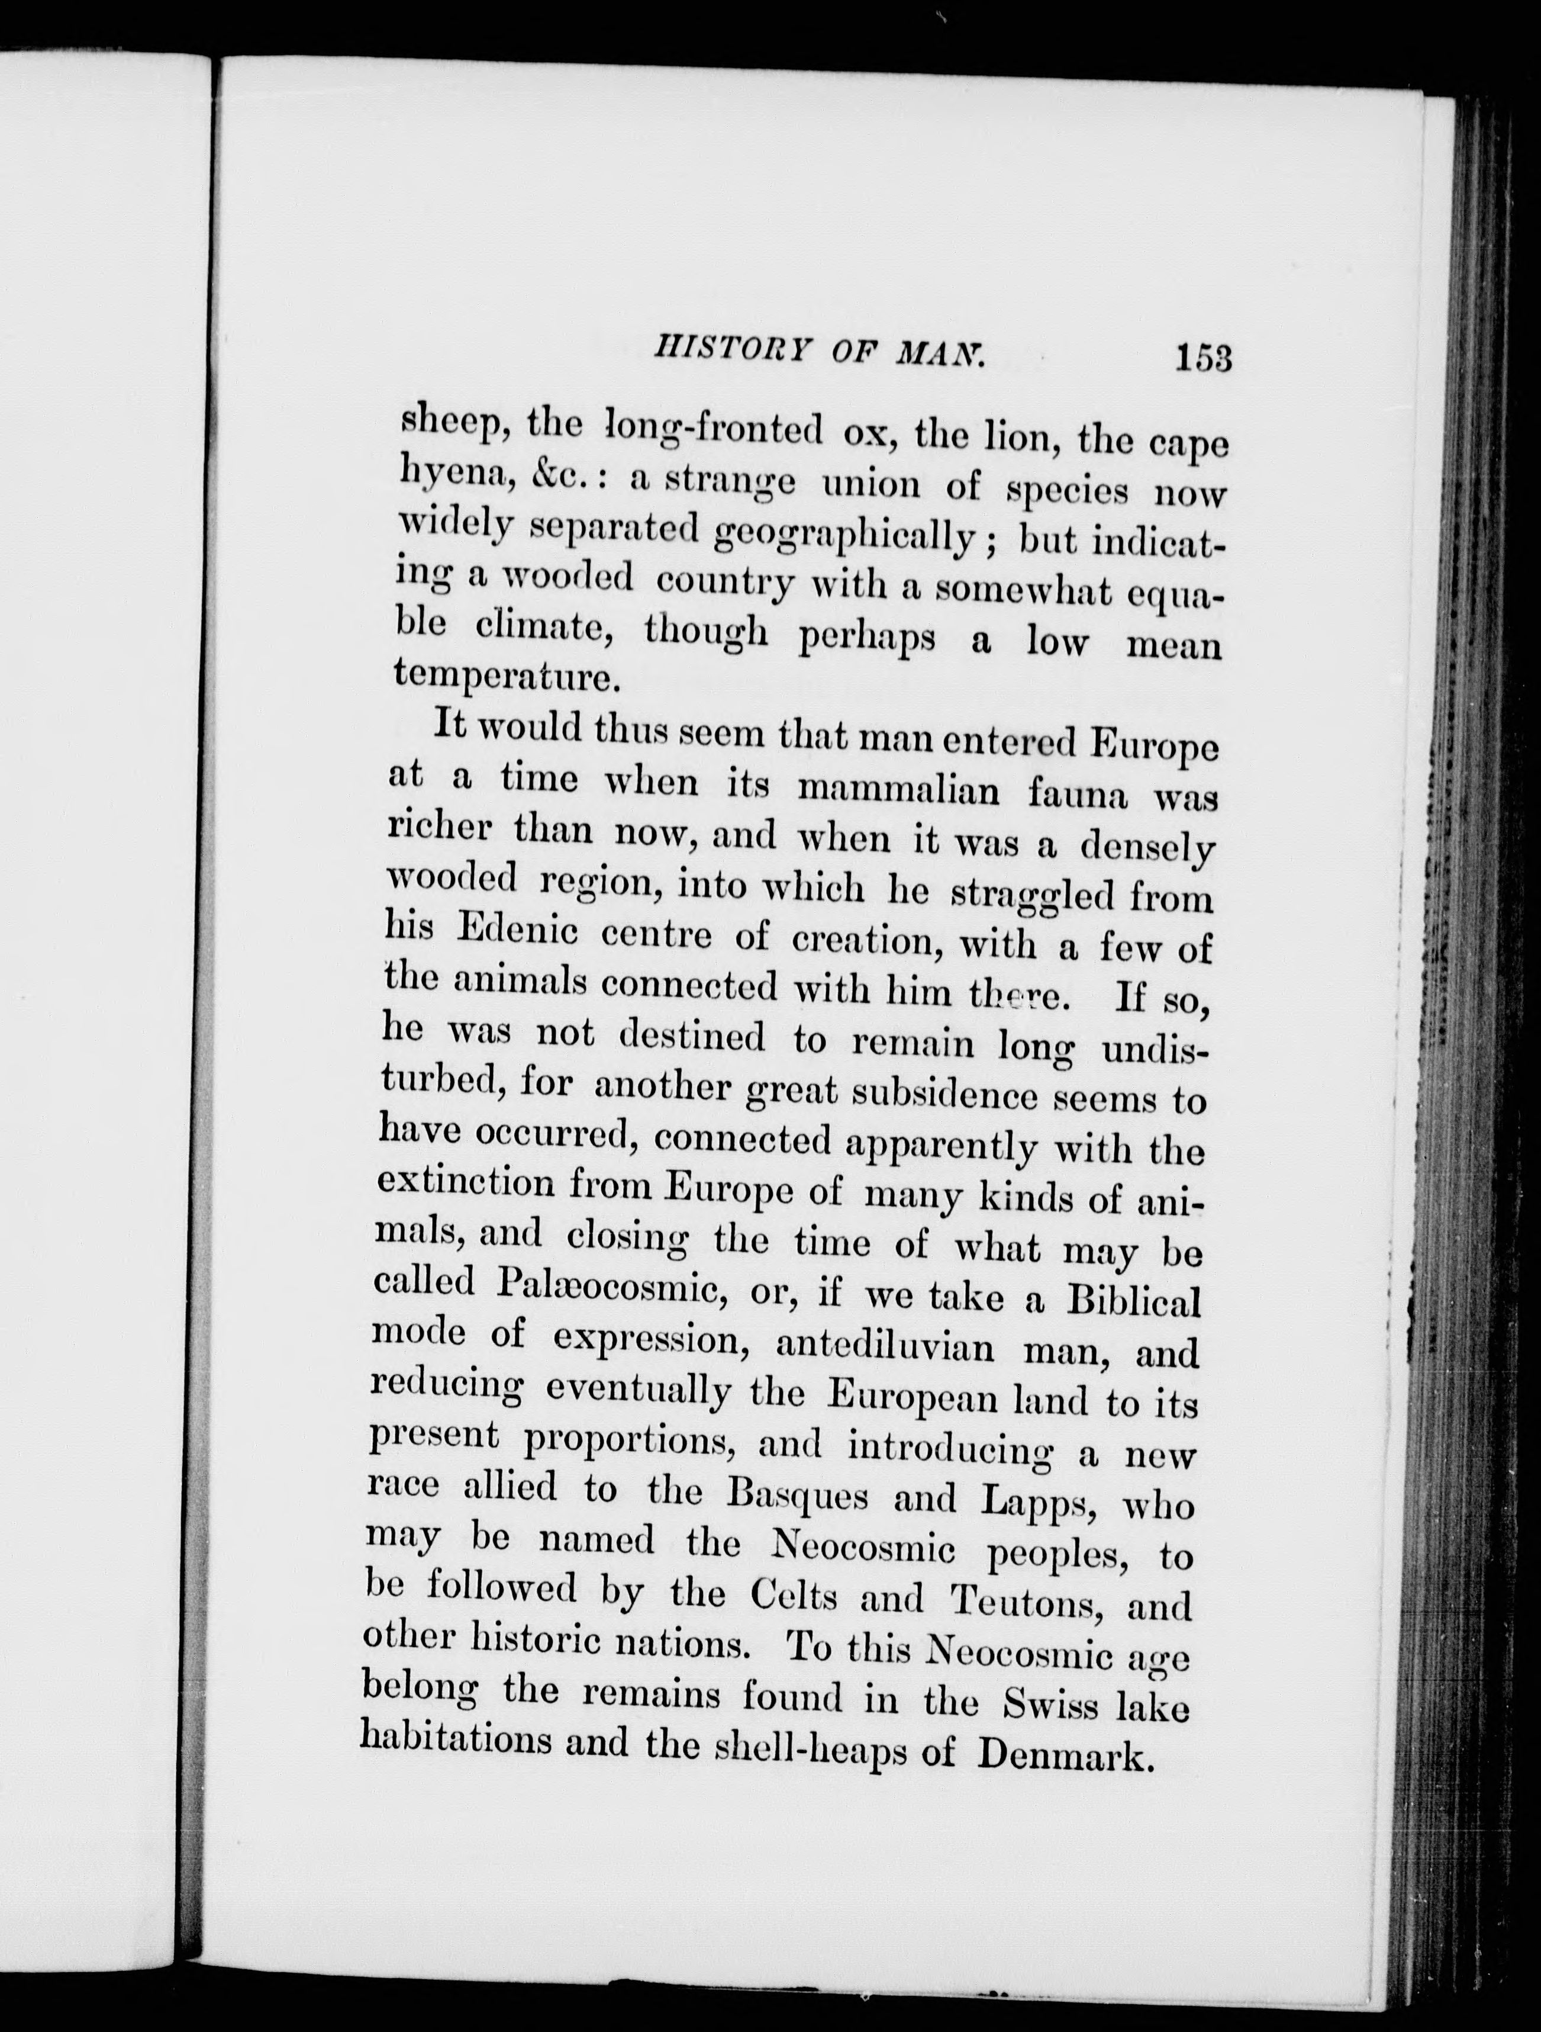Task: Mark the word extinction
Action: (465, 1184)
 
